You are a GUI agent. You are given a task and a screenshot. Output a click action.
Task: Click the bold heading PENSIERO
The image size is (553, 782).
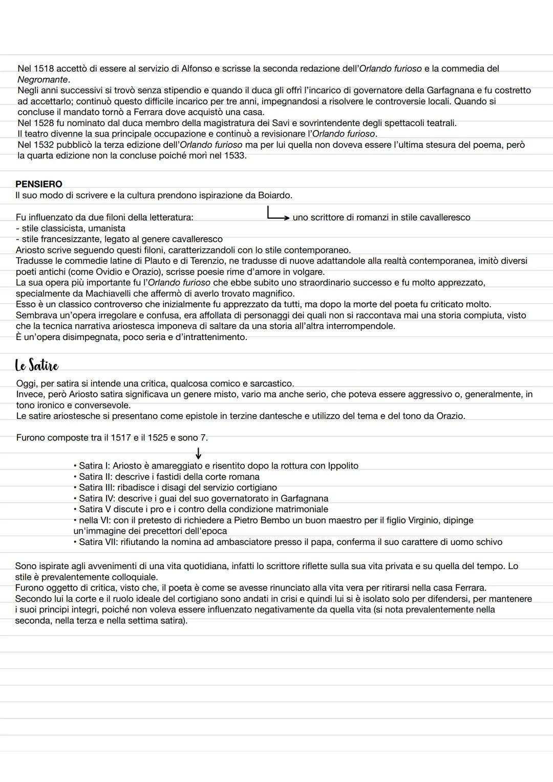(39, 184)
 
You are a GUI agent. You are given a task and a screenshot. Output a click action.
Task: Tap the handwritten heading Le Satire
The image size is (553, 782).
(36, 366)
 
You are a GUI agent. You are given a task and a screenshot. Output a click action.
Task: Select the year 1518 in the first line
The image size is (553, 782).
(44, 68)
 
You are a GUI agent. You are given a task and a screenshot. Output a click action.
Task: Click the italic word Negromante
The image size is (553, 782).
(42, 79)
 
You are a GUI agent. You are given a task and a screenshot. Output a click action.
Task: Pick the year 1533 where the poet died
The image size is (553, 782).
(234, 155)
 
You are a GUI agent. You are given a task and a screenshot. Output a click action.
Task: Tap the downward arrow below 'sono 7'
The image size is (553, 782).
(198, 453)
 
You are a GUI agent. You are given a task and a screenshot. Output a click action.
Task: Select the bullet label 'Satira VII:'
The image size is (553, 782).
(98, 542)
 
